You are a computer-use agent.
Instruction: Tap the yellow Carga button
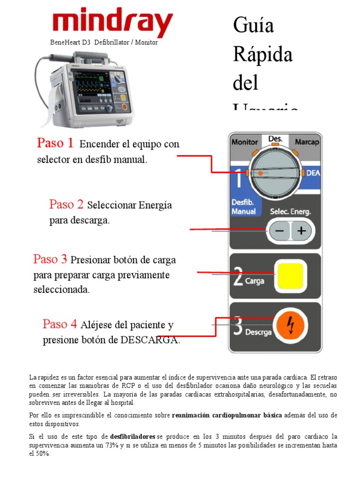tap(291, 276)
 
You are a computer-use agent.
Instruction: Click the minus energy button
tap(279, 231)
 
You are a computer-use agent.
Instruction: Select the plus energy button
tap(301, 231)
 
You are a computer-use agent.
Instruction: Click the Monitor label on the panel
tap(245, 142)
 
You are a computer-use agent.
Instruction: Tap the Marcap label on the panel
tap(307, 142)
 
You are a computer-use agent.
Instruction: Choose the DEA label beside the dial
tap(313, 173)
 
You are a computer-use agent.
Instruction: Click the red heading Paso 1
tap(55, 143)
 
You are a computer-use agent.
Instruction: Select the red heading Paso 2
tap(66, 204)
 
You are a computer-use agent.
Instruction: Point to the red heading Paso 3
tap(50, 259)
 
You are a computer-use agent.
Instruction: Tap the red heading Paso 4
tap(60, 324)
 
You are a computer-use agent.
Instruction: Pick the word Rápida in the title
tap(262, 55)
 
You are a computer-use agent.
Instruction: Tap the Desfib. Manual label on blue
tap(244, 208)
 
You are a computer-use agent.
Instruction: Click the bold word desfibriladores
tap(133, 436)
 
